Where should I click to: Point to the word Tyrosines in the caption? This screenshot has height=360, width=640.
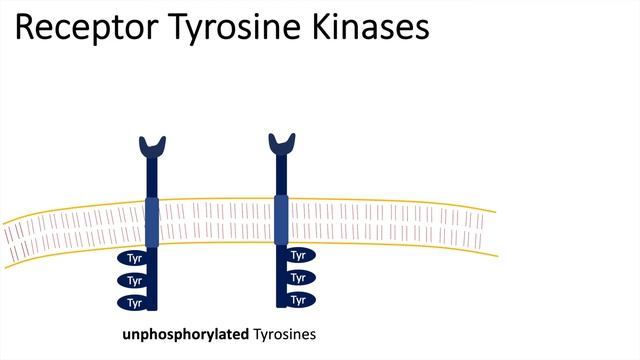pyautogui.click(x=285, y=334)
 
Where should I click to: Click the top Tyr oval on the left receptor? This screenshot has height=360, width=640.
pyautogui.click(x=133, y=260)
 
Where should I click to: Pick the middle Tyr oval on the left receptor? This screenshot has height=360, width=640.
pyautogui.click(x=133, y=281)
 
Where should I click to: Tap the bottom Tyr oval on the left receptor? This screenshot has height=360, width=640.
pyautogui.click(x=133, y=302)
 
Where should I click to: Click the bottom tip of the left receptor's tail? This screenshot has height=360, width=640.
pyautogui.click(x=153, y=309)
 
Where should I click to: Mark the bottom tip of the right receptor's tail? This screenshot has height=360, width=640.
pyautogui.click(x=281, y=305)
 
